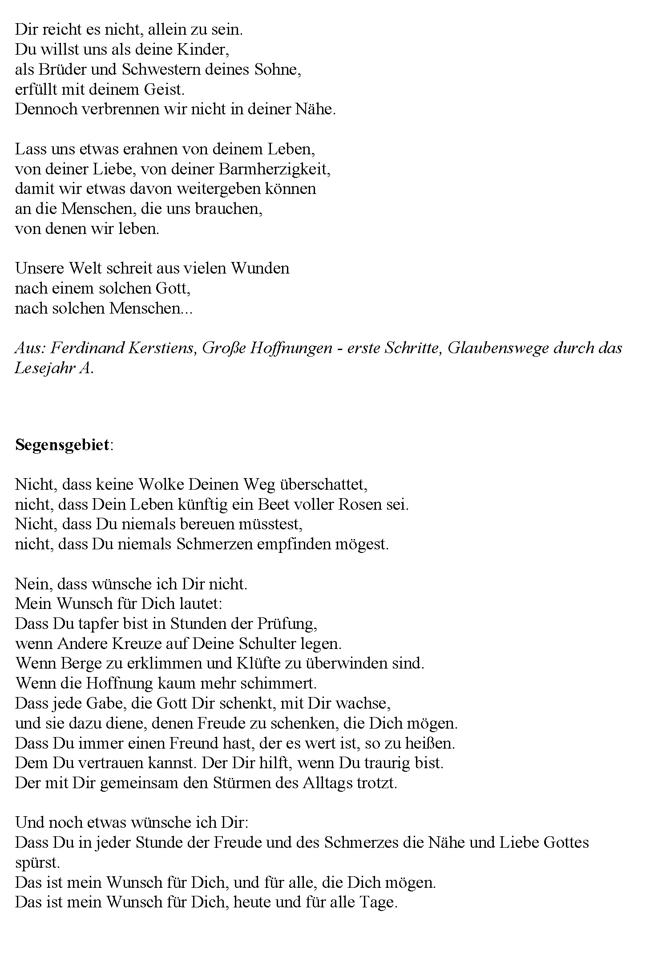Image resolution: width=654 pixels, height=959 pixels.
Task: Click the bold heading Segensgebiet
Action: click(62, 445)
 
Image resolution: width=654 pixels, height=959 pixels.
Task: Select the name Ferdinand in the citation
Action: click(85, 348)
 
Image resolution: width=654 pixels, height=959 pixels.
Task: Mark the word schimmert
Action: click(278, 683)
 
